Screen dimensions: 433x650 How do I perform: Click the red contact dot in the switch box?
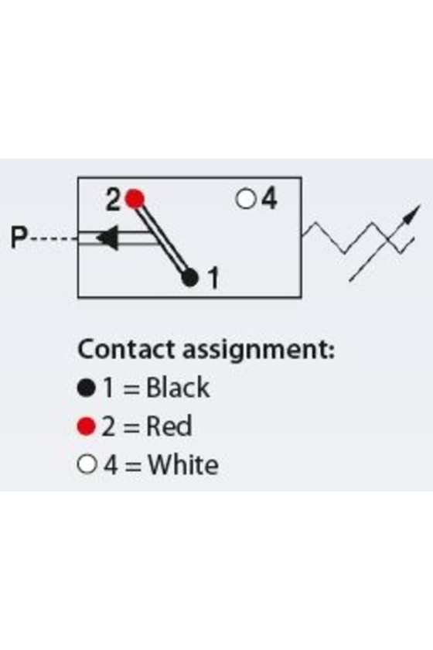pyautogui.click(x=135, y=199)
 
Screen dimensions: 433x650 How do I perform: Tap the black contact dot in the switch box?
pyautogui.click(x=190, y=277)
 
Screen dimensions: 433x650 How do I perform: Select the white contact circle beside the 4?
pyautogui.click(x=246, y=199)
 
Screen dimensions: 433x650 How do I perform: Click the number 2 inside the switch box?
pyautogui.click(x=113, y=200)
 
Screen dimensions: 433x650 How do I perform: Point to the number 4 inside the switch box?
pyautogui.click(x=268, y=199)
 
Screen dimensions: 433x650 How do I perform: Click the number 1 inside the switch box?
pyautogui.click(x=213, y=278)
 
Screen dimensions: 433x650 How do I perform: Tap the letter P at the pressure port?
pyautogui.click(x=19, y=238)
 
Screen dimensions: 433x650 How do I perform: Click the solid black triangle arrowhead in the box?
pyautogui.click(x=107, y=238)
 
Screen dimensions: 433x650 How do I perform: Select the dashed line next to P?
pyautogui.click(x=53, y=239)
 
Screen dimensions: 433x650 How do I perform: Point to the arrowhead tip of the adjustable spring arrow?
pyautogui.click(x=420, y=205)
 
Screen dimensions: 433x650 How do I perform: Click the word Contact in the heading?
pyautogui.click(x=127, y=349)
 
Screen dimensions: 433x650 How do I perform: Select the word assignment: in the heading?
pyautogui.click(x=258, y=351)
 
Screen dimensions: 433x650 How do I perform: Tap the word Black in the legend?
pyautogui.click(x=178, y=388)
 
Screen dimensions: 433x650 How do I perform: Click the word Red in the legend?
pyautogui.click(x=169, y=426)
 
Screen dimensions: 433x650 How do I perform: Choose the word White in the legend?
pyautogui.click(x=182, y=465)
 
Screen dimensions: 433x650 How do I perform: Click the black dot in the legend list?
pyautogui.click(x=86, y=388)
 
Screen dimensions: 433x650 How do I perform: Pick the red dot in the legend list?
pyautogui.click(x=86, y=426)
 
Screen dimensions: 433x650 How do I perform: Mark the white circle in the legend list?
pyautogui.click(x=86, y=465)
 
